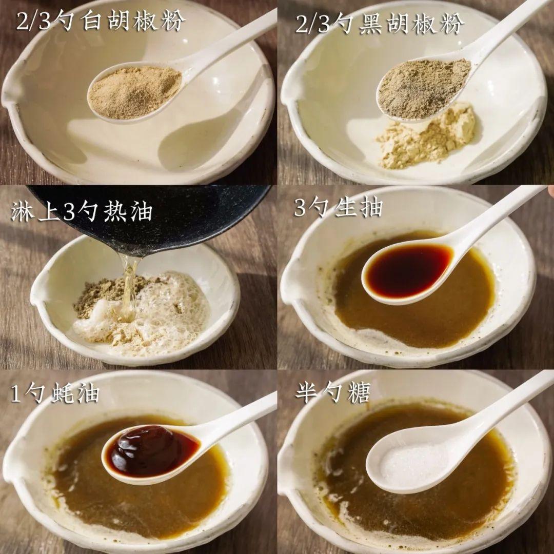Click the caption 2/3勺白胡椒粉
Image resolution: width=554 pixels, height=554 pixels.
coord(101,22)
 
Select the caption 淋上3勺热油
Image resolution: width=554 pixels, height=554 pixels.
coord(82,211)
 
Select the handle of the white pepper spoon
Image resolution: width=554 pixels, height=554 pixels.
coord(231,38)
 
